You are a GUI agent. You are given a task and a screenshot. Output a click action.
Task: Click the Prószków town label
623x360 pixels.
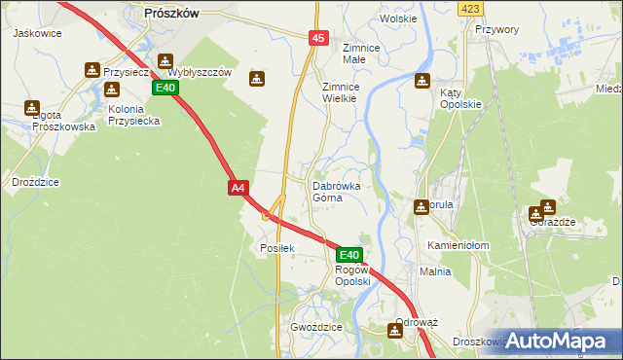click(x=170, y=13)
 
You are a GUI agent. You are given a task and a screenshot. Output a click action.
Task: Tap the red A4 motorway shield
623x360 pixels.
click(x=238, y=187)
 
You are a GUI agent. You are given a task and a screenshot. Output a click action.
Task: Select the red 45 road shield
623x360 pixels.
click(x=318, y=37)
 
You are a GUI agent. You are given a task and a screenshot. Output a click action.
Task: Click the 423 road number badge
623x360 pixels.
click(x=471, y=9)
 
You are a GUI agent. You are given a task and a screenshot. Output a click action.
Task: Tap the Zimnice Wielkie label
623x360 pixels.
click(x=341, y=92)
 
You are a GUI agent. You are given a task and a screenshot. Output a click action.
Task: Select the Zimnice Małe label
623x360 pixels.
click(x=365, y=53)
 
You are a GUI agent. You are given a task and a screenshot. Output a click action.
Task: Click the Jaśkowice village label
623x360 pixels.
click(x=37, y=33)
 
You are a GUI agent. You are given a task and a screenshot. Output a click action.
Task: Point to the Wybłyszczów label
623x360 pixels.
click(x=200, y=73)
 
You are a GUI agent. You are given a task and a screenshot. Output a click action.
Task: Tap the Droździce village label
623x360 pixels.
click(x=36, y=182)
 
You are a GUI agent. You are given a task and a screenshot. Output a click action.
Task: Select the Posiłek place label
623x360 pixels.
click(x=276, y=247)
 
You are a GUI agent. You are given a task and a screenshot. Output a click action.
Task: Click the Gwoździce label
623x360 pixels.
click(x=316, y=328)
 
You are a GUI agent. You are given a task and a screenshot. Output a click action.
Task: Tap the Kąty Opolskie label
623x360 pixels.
click(x=460, y=97)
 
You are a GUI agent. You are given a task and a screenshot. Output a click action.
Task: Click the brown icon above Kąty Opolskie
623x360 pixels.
click(x=421, y=81)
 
